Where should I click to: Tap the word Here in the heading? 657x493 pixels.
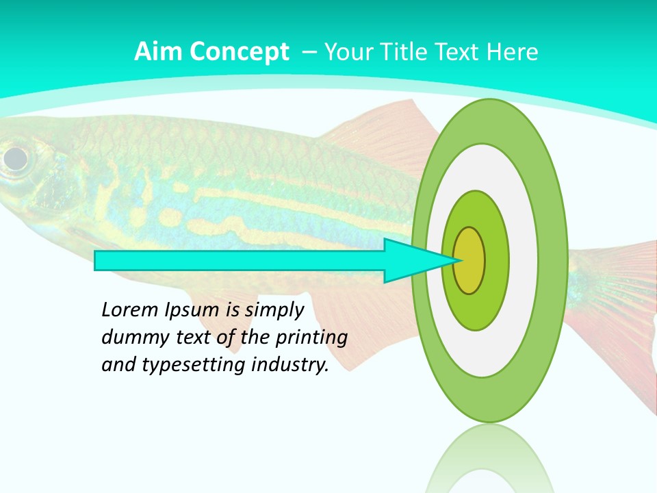(512, 52)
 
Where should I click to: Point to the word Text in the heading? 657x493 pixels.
(459, 52)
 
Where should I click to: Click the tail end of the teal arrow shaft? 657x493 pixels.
(97, 261)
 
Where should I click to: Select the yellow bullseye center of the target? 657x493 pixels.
(469, 261)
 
